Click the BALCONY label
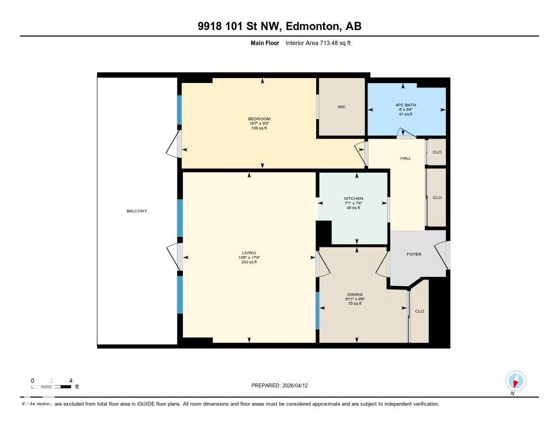coord(137,211)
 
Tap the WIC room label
coord(342,106)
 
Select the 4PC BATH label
coord(405,104)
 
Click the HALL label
coord(405,158)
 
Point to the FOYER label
coord(414,254)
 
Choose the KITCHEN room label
coord(353,198)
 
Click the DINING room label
coord(354,294)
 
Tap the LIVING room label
coord(249,253)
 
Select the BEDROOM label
coord(259,119)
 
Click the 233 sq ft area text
coord(249,262)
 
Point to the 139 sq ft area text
coord(259,128)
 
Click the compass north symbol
coord(515,381)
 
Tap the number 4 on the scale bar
coord(70,381)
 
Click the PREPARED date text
coord(283,385)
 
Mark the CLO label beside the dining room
coord(419,311)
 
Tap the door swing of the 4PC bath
coord(406,133)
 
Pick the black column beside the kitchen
coord(324,233)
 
